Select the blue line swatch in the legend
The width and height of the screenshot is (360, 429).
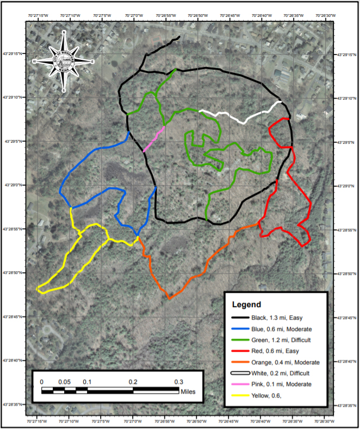239,329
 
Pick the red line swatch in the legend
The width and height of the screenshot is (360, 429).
239,351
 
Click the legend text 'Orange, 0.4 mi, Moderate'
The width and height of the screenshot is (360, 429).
285,362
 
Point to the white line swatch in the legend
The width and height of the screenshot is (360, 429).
239,373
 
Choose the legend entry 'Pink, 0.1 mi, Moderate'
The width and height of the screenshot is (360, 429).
282,384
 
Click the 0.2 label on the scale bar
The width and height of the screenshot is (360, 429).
133,382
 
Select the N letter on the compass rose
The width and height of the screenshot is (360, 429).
64,34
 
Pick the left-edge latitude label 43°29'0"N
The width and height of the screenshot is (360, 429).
16,185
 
